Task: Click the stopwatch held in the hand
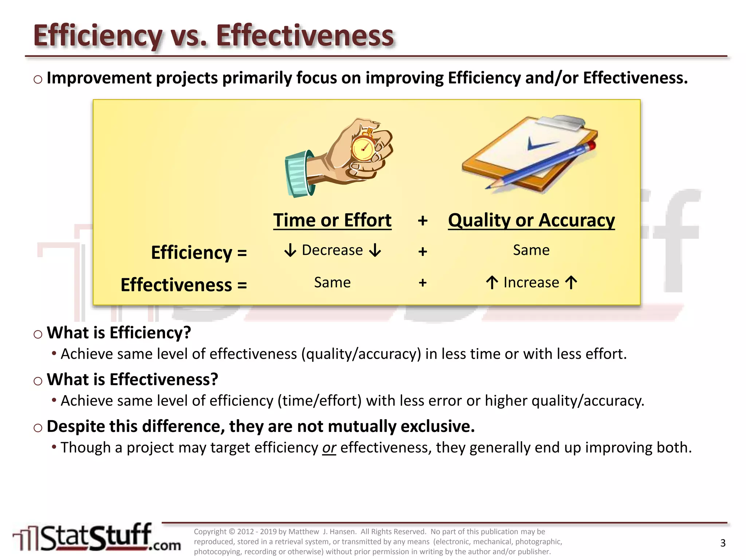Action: [363, 148]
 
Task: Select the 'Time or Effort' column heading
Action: [332, 220]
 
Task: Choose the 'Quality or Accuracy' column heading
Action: [531, 220]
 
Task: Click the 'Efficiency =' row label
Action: [199, 252]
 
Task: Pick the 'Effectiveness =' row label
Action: [184, 284]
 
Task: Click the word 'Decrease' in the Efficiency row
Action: [332, 250]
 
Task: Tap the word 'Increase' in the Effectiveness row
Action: [531, 283]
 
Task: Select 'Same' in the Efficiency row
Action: [531, 250]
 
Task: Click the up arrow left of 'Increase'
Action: [492, 283]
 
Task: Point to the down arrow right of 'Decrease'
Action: [375, 250]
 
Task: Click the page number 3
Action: [723, 543]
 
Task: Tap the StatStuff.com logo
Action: [97, 538]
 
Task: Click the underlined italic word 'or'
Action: [329, 448]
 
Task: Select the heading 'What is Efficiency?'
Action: [119, 332]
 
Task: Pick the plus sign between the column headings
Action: [423, 221]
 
